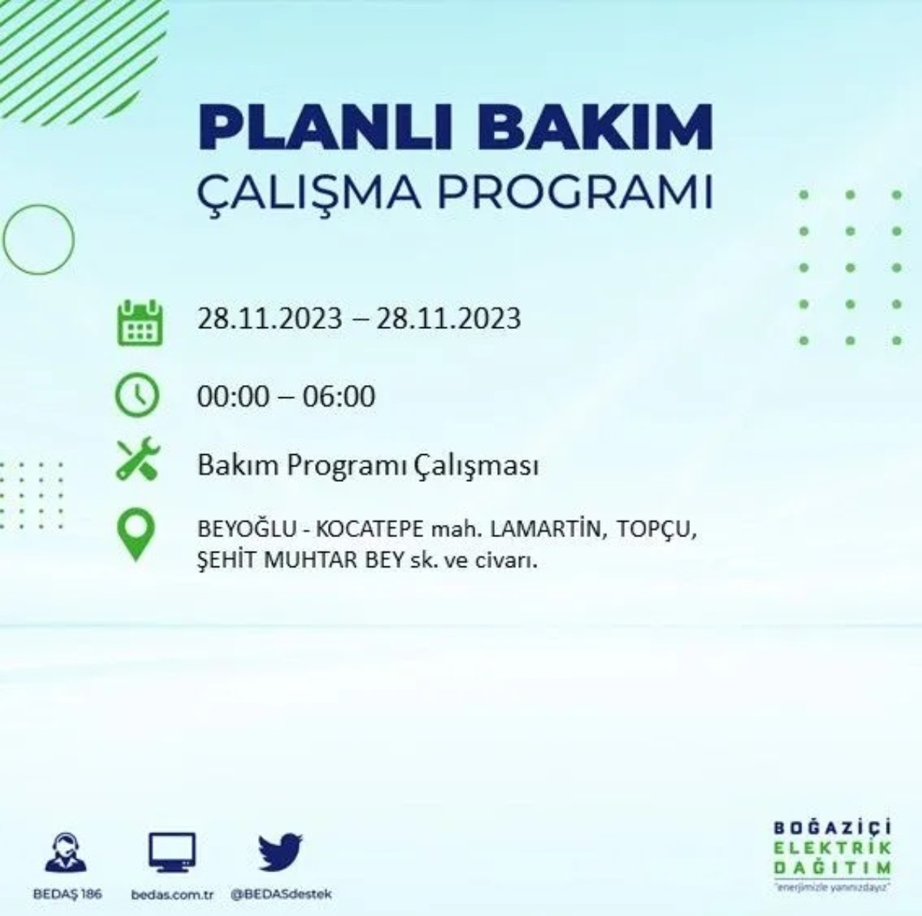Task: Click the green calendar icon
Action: pyautogui.click(x=139, y=322)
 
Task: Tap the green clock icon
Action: pyautogui.click(x=138, y=396)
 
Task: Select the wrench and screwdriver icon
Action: pyautogui.click(x=138, y=459)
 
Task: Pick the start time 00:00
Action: pyautogui.click(x=234, y=397)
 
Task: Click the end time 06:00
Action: pyautogui.click(x=339, y=397)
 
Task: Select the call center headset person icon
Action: pyautogui.click(x=65, y=853)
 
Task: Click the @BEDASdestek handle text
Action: pyautogui.click(x=281, y=894)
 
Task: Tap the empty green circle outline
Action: pyautogui.click(x=38, y=240)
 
